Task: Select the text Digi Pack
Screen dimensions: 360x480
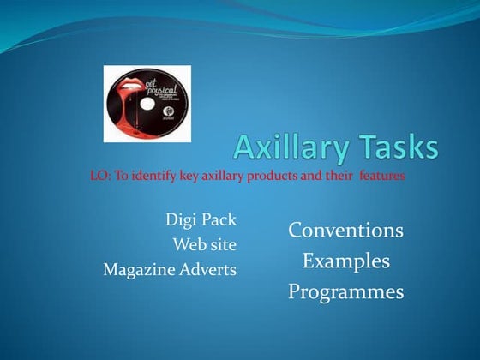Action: pos(201,219)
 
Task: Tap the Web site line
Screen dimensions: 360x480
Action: pos(205,244)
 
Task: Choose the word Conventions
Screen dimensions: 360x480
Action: pos(345,231)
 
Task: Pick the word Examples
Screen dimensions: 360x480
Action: pos(345,261)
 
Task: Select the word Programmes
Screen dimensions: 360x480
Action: pos(345,291)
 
